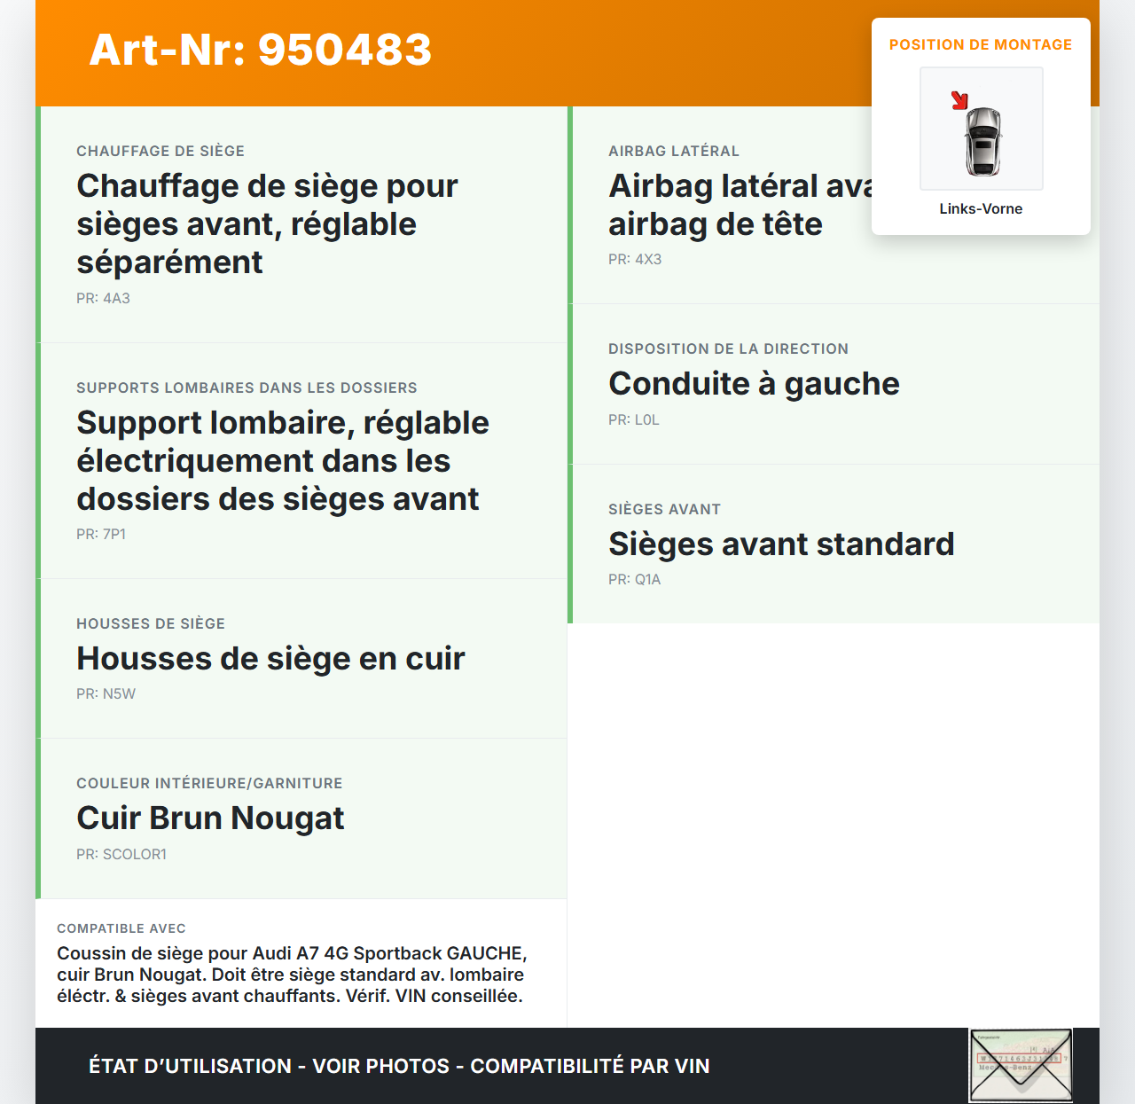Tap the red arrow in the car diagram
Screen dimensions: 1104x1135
pos(959,100)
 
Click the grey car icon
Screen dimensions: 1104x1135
pos(982,141)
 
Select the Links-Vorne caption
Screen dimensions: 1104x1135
pos(981,208)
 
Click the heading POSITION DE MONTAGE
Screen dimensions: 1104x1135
pos(980,44)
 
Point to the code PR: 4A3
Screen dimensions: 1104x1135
pos(103,298)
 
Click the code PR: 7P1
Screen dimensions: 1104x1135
pos(101,534)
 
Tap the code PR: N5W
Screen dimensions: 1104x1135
pos(106,693)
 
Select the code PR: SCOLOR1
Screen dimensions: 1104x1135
pos(121,854)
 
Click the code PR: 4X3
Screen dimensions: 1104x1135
pos(635,259)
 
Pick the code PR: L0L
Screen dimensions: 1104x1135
pos(634,419)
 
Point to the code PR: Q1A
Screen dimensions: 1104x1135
pos(634,579)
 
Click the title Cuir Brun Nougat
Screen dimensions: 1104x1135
pos(210,818)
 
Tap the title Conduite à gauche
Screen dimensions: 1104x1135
pos(754,383)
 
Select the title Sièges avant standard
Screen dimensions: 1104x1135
pos(781,544)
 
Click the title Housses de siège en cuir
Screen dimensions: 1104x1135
pos(270,658)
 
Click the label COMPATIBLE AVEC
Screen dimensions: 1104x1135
pos(121,928)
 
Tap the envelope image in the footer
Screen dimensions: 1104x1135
pos(1021,1065)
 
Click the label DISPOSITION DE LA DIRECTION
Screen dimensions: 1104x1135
pos(728,348)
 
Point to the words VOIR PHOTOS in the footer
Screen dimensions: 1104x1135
pos(381,1066)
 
